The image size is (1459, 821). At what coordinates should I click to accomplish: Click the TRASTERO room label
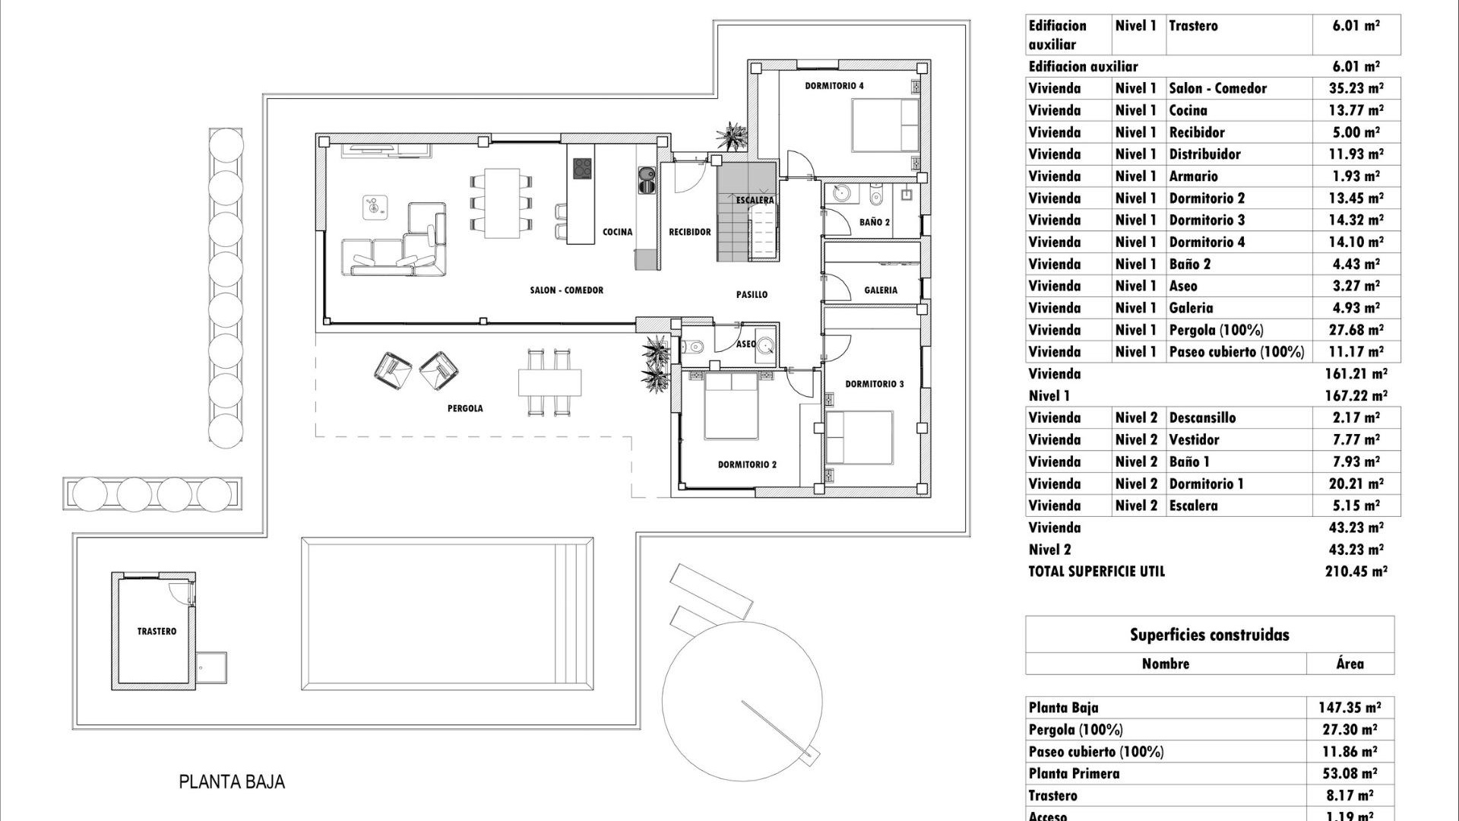[x=157, y=631]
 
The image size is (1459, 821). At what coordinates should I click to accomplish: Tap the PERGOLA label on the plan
[x=465, y=408]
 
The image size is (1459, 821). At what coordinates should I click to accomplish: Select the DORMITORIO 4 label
[x=834, y=86]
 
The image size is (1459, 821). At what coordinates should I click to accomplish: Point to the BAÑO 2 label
[x=875, y=222]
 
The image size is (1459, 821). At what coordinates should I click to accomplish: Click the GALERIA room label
[x=881, y=290]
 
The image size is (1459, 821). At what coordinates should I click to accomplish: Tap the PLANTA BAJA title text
[x=232, y=781]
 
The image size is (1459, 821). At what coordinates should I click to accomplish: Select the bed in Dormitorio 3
[x=859, y=437]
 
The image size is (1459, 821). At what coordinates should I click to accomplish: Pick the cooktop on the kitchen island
[x=582, y=168]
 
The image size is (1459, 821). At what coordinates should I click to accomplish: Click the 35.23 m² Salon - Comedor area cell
[x=1356, y=88]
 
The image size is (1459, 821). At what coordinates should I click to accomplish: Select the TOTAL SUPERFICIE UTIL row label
[x=1096, y=572]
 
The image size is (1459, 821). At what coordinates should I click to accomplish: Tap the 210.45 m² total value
[x=1356, y=572]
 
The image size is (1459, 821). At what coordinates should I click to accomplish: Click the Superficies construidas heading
[x=1209, y=635]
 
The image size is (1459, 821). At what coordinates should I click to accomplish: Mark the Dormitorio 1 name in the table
[x=1206, y=483]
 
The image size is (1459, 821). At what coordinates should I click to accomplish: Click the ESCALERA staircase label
[x=755, y=200]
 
